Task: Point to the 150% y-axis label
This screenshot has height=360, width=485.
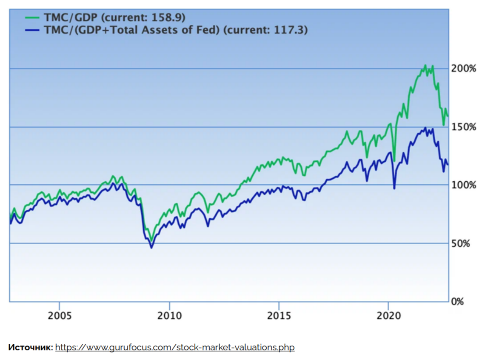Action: (464, 127)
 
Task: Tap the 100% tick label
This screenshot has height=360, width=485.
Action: (464, 185)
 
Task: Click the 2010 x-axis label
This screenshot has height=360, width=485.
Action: (169, 316)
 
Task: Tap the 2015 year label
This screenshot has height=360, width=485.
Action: (279, 316)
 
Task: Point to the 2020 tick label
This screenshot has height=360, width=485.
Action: (388, 316)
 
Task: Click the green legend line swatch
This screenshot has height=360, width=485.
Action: (33, 18)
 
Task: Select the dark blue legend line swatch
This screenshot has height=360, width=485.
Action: (33, 30)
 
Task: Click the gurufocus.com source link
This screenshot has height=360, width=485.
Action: (174, 348)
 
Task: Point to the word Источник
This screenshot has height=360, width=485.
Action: (30, 348)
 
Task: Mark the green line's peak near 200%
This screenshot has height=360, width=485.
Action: (425, 65)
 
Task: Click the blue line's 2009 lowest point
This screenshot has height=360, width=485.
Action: (151, 248)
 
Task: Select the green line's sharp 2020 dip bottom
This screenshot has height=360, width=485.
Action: (394, 161)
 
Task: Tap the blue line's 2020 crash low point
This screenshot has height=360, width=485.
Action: (394, 189)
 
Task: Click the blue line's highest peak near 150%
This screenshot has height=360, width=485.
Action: (425, 128)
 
